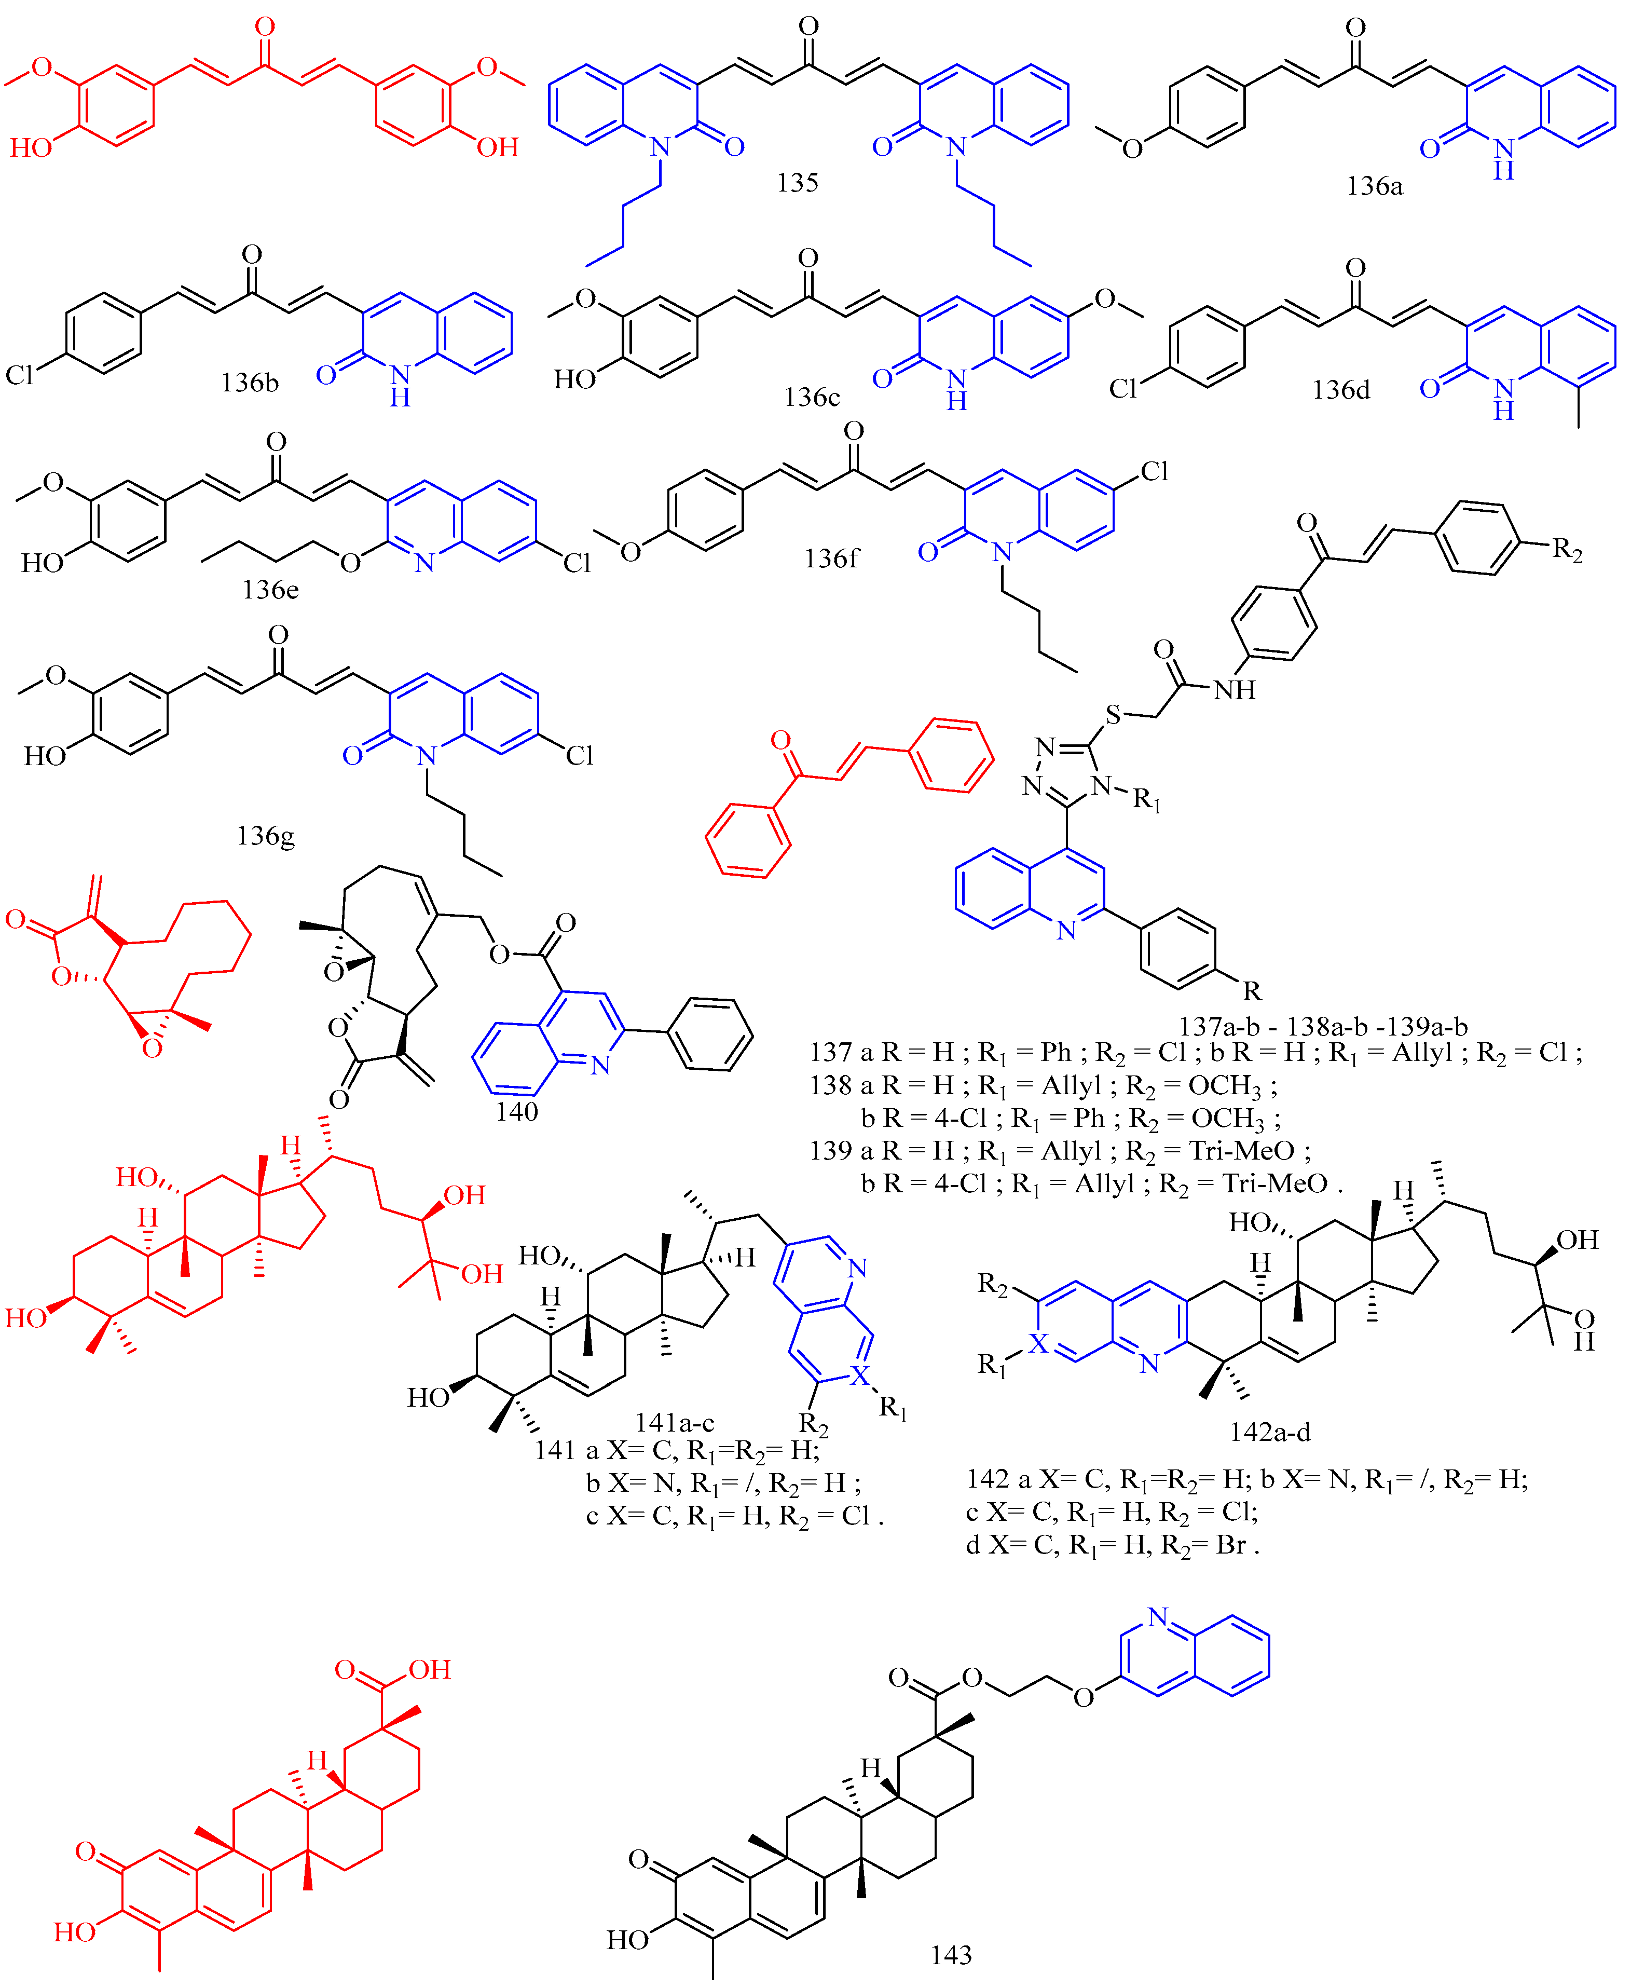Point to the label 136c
[x=812, y=398]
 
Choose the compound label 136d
[x=1341, y=390]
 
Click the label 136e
[x=270, y=589]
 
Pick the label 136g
[x=266, y=835]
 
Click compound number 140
[x=517, y=1111]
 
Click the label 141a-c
[x=675, y=1422]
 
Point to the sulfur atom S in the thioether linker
[x=1113, y=716]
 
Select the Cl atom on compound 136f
[x=1155, y=472]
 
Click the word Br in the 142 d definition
[x=1231, y=1545]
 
